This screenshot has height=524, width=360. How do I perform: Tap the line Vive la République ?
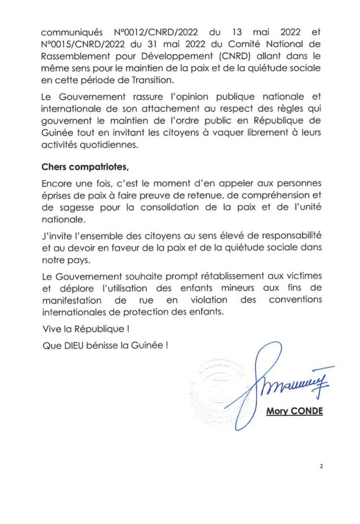point(86,331)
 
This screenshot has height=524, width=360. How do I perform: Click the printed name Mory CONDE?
point(294,412)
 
